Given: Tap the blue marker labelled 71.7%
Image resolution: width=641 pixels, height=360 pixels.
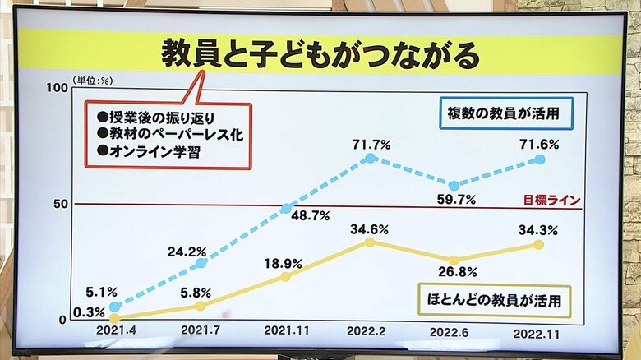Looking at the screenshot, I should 370,158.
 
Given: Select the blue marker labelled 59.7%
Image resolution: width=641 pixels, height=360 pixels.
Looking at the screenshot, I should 454,186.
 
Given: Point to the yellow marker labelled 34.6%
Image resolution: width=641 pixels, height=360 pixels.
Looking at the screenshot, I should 370,242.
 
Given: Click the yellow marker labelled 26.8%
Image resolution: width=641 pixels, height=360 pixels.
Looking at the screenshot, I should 454,261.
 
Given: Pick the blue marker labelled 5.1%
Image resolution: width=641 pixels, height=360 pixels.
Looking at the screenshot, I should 114,307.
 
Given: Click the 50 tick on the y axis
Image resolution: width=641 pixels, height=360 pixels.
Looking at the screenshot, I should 60,204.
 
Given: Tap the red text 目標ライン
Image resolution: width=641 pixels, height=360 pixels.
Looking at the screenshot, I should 551,200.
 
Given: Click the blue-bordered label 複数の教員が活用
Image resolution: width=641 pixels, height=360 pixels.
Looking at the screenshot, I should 505,113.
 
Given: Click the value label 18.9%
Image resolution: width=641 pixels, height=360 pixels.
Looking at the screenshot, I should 283,264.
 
